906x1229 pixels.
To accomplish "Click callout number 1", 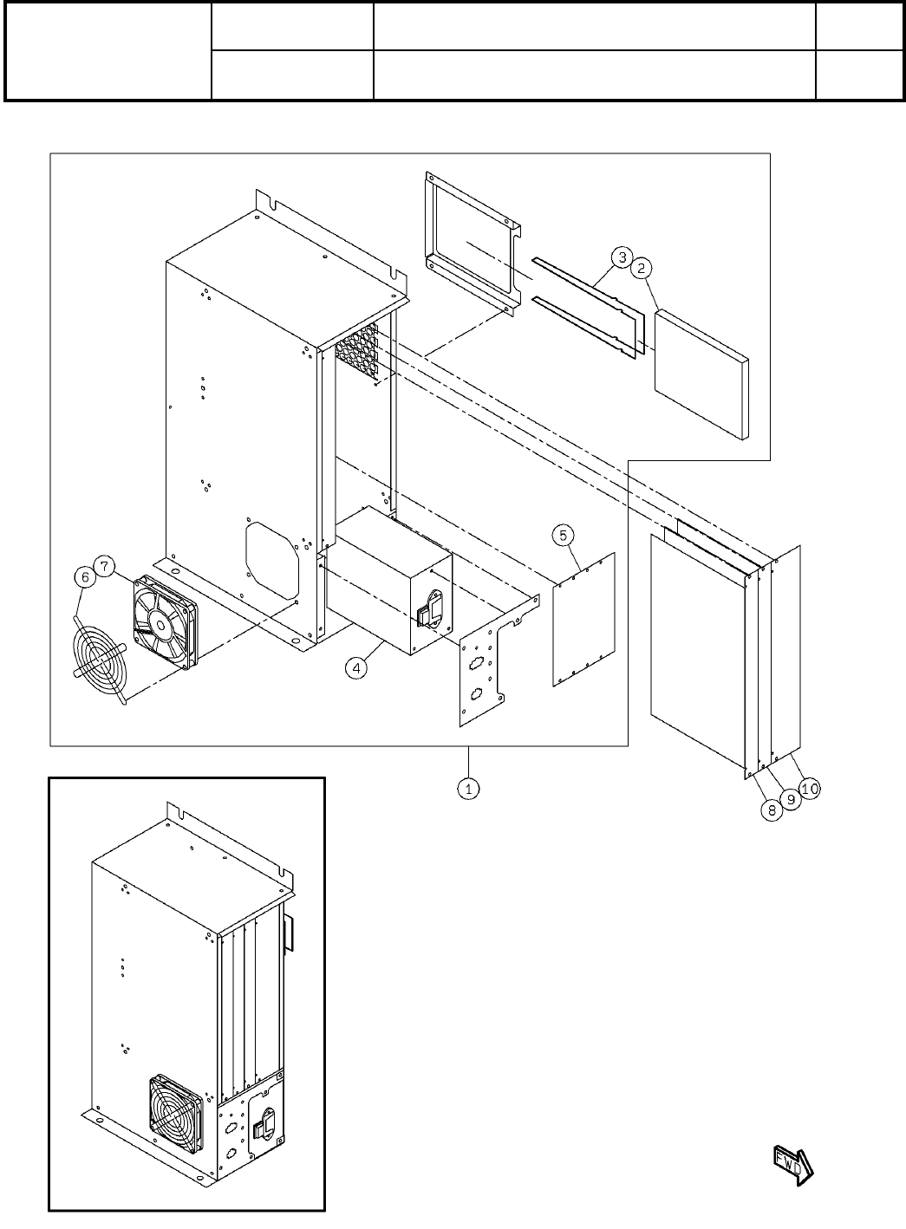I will click(468, 789).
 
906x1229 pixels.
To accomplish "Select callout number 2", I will click(641, 269).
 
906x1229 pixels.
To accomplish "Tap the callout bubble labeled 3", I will click(621, 257).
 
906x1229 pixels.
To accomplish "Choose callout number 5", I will click(563, 535).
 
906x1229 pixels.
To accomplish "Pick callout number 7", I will click(103, 567).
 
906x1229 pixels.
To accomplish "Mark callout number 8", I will click(770, 811).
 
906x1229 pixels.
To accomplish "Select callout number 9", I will click(791, 799).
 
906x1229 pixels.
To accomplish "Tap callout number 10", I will click(810, 788).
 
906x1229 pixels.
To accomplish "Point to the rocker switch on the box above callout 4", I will click(427, 614).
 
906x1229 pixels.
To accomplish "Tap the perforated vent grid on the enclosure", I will click(356, 350).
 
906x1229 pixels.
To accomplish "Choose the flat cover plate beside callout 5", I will click(583, 619).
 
